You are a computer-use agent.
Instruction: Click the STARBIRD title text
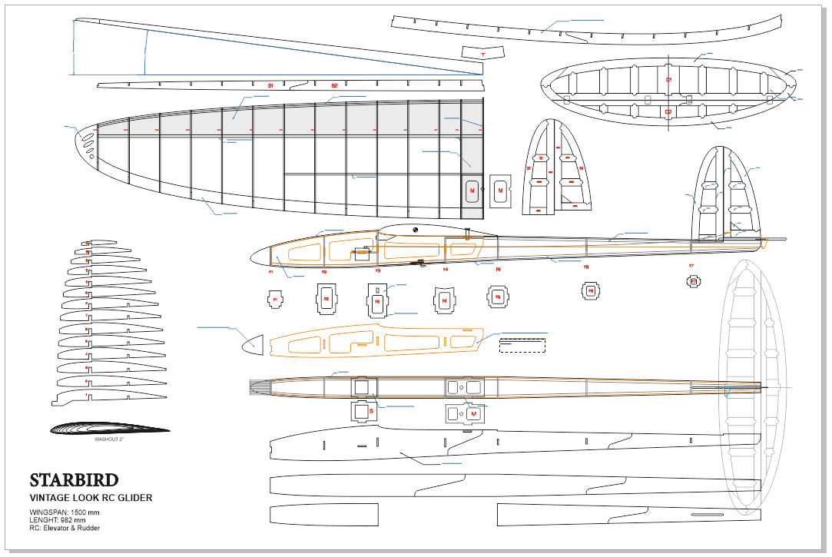pos(74,481)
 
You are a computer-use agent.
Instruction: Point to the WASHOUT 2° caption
pos(109,440)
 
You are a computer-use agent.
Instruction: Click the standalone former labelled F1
pos(274,300)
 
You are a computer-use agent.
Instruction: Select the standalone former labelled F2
pos(326,299)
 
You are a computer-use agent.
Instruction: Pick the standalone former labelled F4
pos(444,300)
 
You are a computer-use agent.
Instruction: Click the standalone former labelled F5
pos(498,297)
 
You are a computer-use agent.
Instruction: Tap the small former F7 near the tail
pos(693,281)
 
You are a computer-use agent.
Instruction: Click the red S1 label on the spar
pos(270,85)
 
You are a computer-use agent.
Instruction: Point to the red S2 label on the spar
pos(334,85)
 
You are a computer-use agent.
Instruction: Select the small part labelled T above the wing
pos(482,53)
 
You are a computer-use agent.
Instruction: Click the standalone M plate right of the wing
pos(500,190)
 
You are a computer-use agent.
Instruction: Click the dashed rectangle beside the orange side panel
pos(522,346)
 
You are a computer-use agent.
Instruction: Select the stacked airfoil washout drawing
pos(109,429)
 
